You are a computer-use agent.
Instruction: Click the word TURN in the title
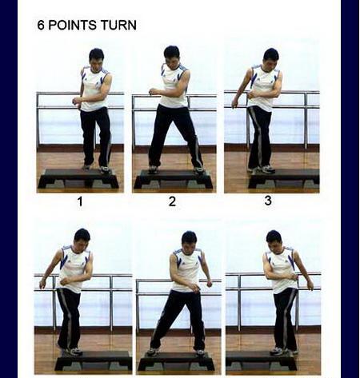click(118, 25)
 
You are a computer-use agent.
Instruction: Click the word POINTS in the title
click(73, 25)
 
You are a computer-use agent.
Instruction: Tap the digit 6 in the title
click(41, 25)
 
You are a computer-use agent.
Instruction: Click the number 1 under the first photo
click(80, 201)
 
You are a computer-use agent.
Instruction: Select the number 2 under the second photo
click(172, 201)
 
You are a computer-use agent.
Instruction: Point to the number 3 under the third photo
click(268, 201)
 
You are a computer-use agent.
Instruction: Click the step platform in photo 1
click(78, 178)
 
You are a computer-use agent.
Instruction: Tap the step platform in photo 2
click(173, 179)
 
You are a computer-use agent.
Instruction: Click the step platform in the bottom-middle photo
click(176, 360)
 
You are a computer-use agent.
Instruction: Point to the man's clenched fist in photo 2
click(153, 92)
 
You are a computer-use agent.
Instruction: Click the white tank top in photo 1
click(94, 90)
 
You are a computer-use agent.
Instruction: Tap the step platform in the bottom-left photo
click(94, 360)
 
